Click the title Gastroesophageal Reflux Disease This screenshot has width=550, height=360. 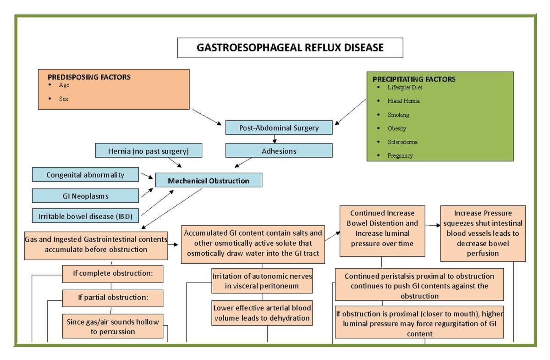(x=290, y=48)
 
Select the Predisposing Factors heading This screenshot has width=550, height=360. (x=89, y=77)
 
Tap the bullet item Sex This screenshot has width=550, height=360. (x=64, y=99)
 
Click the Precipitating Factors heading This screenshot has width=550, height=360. (x=414, y=79)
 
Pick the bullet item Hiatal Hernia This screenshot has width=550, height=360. (x=403, y=101)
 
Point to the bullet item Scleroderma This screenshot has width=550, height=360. (x=402, y=142)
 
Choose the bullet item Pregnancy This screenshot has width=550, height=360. (x=400, y=156)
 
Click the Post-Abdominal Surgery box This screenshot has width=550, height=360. (x=279, y=128)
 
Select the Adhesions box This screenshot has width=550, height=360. (x=279, y=151)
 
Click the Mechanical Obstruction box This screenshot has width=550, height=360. (x=209, y=181)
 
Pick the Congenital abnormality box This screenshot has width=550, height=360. (x=85, y=175)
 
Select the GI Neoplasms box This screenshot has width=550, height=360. (x=85, y=196)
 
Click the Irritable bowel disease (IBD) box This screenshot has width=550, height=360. (x=85, y=216)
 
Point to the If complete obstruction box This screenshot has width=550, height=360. (x=112, y=273)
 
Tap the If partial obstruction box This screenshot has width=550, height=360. (x=112, y=298)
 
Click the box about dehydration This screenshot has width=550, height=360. (x=262, y=313)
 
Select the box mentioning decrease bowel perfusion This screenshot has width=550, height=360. (x=483, y=233)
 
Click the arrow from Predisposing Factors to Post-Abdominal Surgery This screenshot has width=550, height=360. (x=206, y=116)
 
